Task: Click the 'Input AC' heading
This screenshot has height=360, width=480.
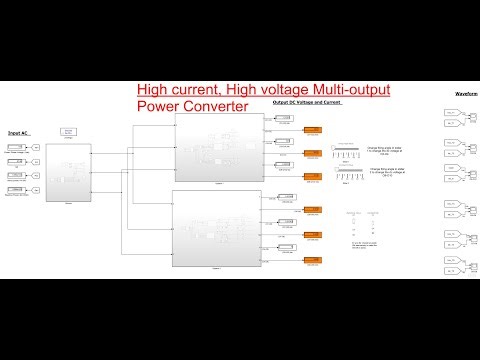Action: [x=16, y=132]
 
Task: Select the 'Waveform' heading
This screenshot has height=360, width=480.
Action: [x=466, y=93]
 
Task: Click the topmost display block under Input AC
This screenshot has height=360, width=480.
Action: [x=17, y=148]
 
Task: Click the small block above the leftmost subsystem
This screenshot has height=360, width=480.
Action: [x=69, y=131]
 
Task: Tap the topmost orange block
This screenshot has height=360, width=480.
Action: [x=313, y=131]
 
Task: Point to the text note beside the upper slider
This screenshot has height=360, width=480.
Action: [x=386, y=151]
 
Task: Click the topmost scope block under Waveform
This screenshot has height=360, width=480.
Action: [x=451, y=114]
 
